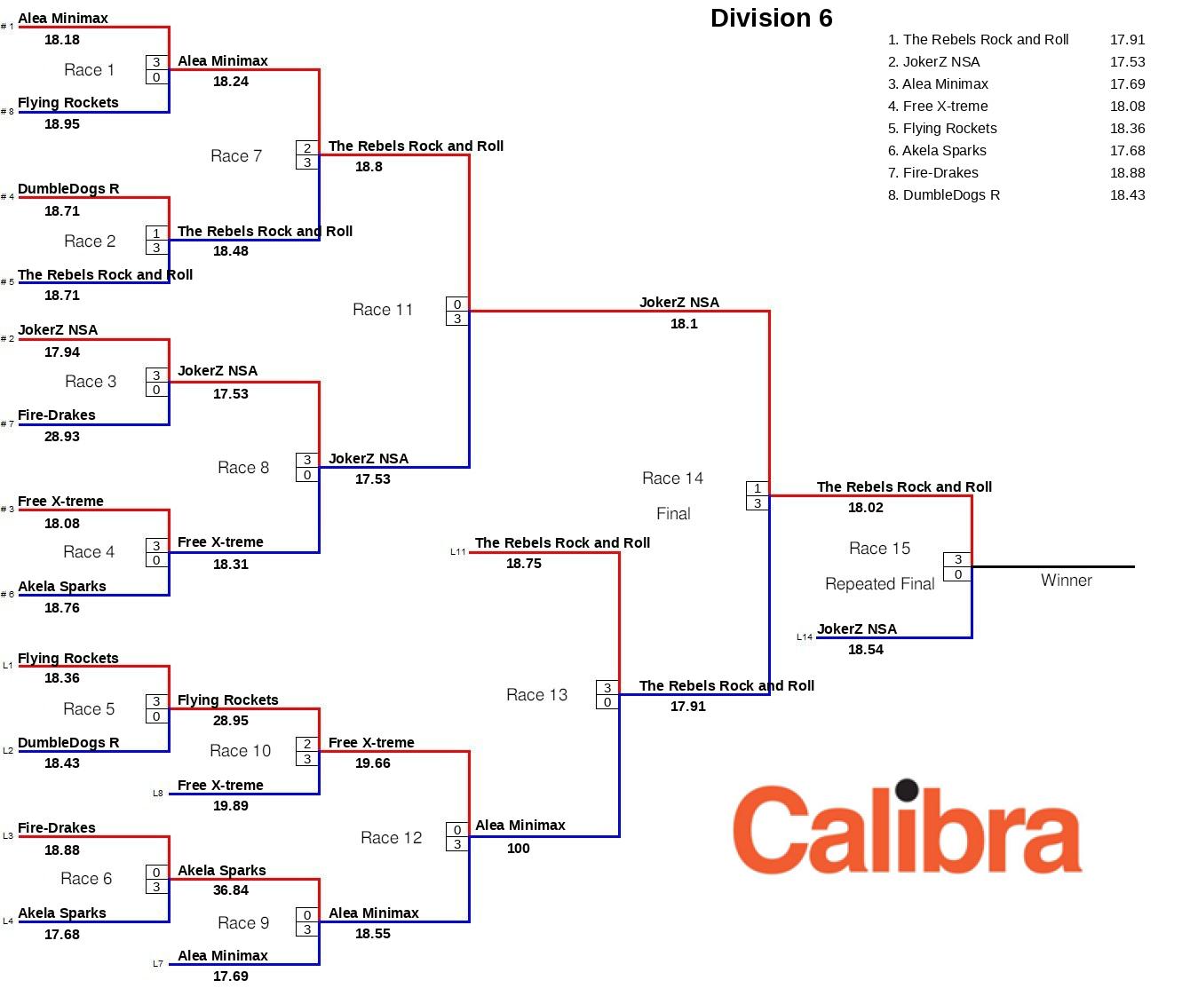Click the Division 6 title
coord(771,18)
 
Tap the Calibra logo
coord(907,828)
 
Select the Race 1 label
coord(89,70)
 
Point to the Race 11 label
coord(383,310)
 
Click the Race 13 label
coord(536,695)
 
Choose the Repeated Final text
coord(879,584)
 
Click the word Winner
coord(1066,581)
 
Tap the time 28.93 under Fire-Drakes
coord(62,437)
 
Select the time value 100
coord(519,849)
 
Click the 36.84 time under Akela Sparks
coord(231,890)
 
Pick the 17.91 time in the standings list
coord(1127,40)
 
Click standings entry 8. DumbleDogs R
coord(944,195)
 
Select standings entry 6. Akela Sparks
coord(937,151)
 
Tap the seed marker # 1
coord(7,27)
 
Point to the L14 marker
coord(804,637)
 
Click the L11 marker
coord(457,552)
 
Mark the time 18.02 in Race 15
coord(866,508)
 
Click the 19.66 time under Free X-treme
coord(372,763)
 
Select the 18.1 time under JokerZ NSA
coord(684,324)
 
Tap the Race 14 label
coord(672,478)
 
